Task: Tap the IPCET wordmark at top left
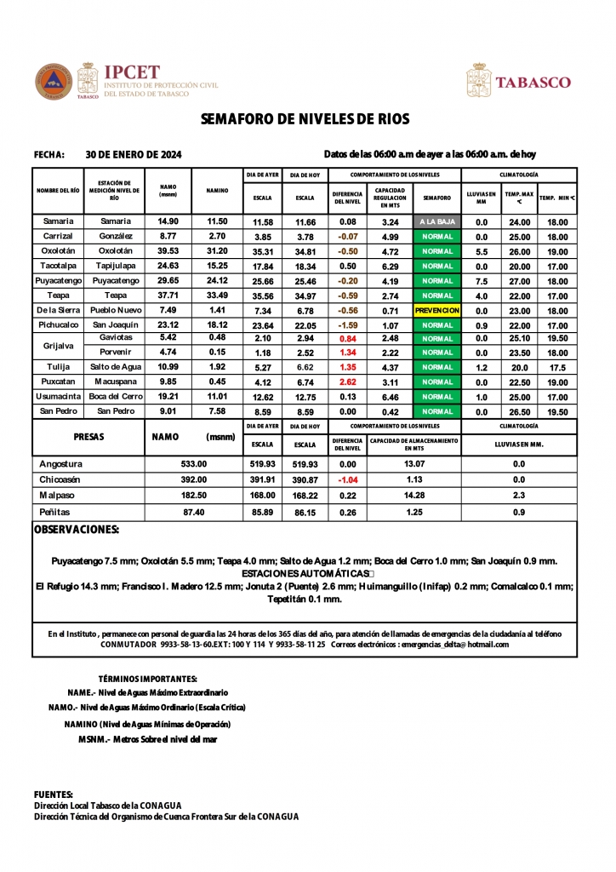click(x=131, y=73)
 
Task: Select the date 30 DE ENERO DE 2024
click(x=134, y=154)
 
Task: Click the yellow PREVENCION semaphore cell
click(x=437, y=311)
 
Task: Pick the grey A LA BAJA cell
click(x=437, y=221)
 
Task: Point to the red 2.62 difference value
click(x=347, y=382)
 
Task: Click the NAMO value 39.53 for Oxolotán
click(x=168, y=251)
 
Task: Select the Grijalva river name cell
click(x=58, y=346)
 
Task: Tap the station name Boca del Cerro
click(x=116, y=397)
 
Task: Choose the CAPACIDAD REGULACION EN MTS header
click(x=390, y=198)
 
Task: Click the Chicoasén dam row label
click(x=61, y=479)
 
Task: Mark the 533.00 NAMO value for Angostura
click(x=194, y=464)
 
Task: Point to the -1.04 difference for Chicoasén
click(x=347, y=479)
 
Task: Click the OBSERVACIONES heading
click(x=77, y=530)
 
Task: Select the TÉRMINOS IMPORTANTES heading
click(x=148, y=679)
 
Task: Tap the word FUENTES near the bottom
click(x=53, y=794)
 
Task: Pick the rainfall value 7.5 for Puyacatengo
click(x=481, y=281)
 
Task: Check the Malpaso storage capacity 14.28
click(x=414, y=495)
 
